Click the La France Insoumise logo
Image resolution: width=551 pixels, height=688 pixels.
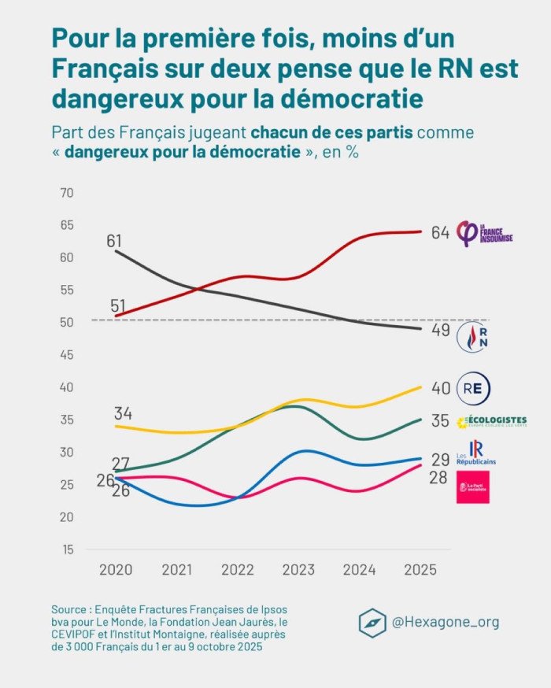coord(485,233)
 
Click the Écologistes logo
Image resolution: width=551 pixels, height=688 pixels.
coord(491,421)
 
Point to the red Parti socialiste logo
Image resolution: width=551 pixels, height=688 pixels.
coord(473,488)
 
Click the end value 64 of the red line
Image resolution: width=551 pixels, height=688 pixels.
coord(440,232)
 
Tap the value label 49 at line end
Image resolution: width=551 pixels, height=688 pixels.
coord(440,331)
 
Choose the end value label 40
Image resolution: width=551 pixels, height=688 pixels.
coord(440,388)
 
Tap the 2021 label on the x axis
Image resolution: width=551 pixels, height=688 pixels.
coord(178,570)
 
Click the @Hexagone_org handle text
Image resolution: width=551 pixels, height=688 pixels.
coord(446,622)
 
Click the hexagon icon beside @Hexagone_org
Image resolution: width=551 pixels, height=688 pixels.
coord(372,622)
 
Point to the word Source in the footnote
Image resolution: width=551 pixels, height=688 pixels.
coord(70,609)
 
